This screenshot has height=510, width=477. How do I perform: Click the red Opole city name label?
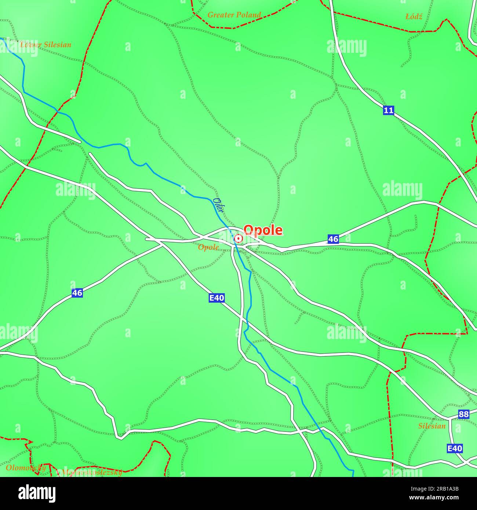point(263,230)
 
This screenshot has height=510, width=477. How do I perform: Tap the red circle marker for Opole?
point(238,239)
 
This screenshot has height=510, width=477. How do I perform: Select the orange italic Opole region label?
point(208,247)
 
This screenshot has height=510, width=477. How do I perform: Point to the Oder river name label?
point(219,205)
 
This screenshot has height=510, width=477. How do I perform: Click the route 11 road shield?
point(389,110)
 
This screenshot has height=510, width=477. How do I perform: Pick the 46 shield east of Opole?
point(333,239)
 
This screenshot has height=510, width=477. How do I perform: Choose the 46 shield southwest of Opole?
point(77,293)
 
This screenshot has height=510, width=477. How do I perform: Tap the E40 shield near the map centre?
point(216,298)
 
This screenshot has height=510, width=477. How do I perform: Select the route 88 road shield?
point(464,414)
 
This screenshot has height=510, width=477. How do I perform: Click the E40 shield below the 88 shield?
point(455,448)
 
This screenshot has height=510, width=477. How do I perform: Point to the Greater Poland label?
point(234,15)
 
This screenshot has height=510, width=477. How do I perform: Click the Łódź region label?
point(414,17)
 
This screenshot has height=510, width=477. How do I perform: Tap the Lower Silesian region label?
point(45,45)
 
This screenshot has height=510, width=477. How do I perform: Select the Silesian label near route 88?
point(432,426)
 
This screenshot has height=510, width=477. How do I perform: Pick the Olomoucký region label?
point(26,467)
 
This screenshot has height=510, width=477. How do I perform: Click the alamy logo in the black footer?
point(37,493)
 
